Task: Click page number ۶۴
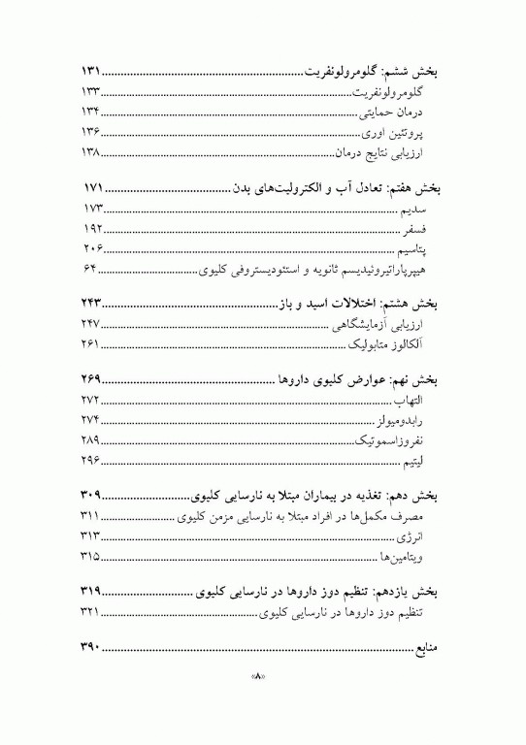91,269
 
